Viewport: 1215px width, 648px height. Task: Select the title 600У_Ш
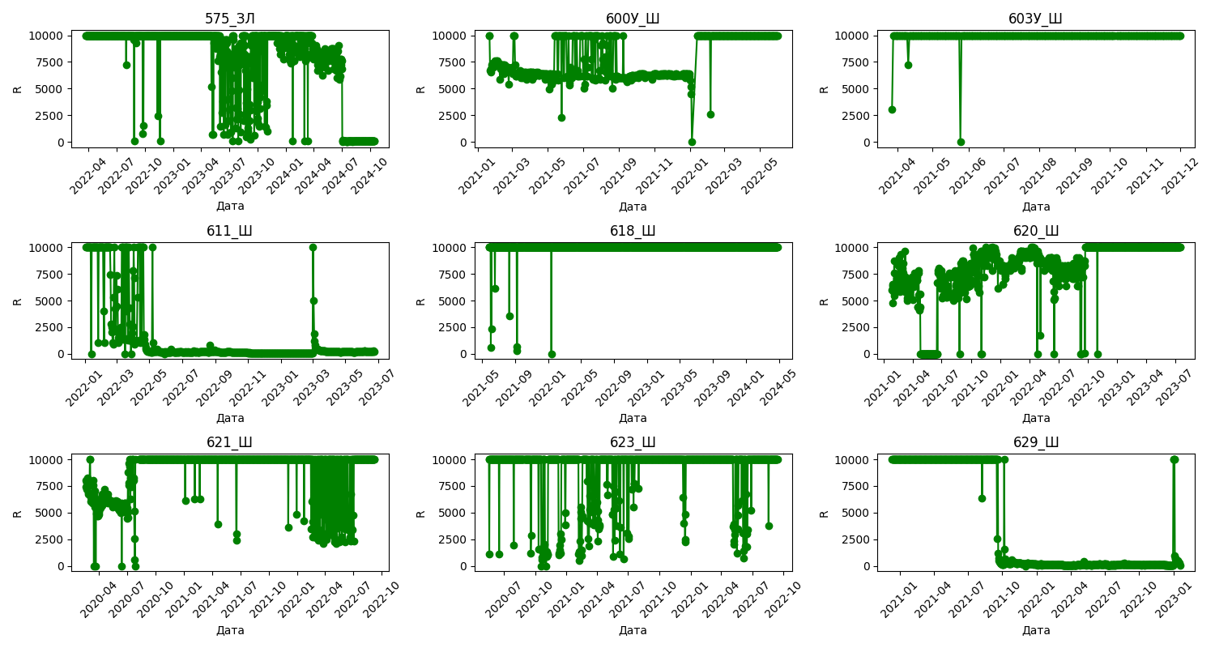click(x=633, y=19)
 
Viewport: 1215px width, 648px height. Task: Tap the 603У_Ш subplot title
click(x=1035, y=19)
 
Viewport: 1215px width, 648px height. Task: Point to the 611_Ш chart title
click(x=230, y=231)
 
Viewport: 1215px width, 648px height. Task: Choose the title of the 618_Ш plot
click(x=633, y=231)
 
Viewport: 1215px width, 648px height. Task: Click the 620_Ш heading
click(x=1035, y=231)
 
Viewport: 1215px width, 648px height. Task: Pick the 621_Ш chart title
click(x=230, y=442)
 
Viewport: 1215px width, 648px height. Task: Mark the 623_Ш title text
click(x=633, y=442)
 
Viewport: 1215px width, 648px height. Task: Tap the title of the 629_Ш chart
click(x=1035, y=442)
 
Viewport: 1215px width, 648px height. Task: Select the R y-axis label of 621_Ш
click(x=17, y=513)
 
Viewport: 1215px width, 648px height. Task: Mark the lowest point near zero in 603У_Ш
click(x=961, y=142)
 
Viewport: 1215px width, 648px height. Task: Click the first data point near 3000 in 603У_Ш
click(x=892, y=109)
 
